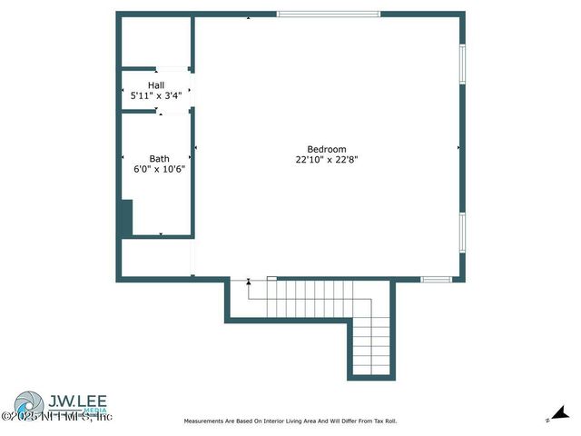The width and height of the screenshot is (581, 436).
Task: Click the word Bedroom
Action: [x=327, y=150]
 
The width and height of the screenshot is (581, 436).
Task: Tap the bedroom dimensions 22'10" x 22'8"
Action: [x=327, y=159]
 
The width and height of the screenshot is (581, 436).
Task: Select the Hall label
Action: [x=156, y=85]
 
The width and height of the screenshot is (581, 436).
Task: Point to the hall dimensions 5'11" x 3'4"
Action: [x=156, y=94]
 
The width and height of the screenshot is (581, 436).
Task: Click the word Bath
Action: [x=159, y=159]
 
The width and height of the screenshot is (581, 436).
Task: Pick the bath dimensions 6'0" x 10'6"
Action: [x=159, y=169]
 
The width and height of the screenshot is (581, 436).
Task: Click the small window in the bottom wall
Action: [x=437, y=279]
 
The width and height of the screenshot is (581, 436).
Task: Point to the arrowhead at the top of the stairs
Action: [x=249, y=282]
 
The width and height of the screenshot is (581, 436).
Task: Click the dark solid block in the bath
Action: [x=126, y=219]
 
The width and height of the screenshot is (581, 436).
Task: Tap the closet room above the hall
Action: [x=155, y=41]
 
